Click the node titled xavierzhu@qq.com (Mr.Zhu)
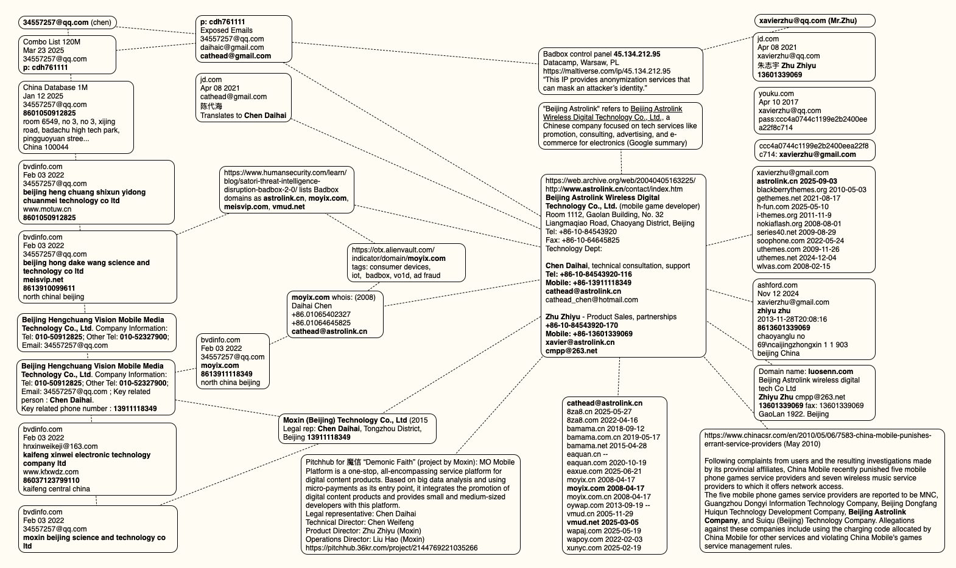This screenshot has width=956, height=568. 807,21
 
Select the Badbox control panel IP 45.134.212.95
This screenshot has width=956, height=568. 637,54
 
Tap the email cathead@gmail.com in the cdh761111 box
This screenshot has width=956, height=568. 236,56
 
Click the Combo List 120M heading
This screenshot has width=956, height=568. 52,42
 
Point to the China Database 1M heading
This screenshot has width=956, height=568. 55,88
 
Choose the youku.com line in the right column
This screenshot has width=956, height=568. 776,94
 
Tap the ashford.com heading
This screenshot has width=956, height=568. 777,285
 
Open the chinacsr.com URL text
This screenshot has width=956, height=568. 818,435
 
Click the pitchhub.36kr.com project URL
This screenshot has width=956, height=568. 392,548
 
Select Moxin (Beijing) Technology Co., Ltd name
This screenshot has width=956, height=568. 345,420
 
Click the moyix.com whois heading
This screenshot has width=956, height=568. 333,297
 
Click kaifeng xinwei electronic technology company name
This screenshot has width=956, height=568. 86,459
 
